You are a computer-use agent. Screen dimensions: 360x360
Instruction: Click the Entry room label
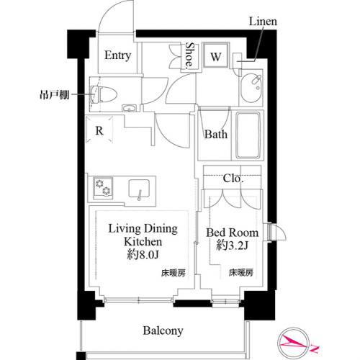pyautogui.click(x=117, y=55)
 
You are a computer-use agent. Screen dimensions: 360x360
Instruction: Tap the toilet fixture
pyautogui.click(x=104, y=94)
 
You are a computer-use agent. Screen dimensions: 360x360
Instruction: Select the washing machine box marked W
pyautogui.click(x=216, y=55)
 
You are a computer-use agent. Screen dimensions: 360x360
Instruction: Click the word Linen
pyautogui.click(x=263, y=22)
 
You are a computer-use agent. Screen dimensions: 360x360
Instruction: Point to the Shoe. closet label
pyautogui.click(x=189, y=55)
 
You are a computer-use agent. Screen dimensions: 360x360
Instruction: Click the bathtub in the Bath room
pyautogui.click(x=248, y=135)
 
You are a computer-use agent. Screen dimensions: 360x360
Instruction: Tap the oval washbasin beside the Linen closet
pyautogui.click(x=251, y=88)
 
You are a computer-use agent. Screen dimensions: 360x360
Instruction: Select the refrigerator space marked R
pyautogui.click(x=99, y=130)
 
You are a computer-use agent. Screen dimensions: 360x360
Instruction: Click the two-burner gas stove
pyautogui.click(x=103, y=188)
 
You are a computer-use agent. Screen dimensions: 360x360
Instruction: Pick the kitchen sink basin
pyautogui.click(x=139, y=189)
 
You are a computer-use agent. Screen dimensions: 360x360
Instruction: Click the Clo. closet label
pyautogui.click(x=233, y=179)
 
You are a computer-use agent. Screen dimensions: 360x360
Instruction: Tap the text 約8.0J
pyautogui.click(x=143, y=255)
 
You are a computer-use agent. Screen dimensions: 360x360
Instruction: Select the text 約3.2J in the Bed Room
pyautogui.click(x=232, y=246)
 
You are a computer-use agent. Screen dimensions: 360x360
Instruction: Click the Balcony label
pyautogui.click(x=163, y=331)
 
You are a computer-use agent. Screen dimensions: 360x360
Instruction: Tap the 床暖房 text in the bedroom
pyautogui.click(x=241, y=273)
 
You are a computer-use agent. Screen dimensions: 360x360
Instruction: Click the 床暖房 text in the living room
pyautogui.click(x=174, y=273)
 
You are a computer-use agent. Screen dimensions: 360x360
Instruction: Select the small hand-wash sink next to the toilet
pyautogui.click(x=129, y=109)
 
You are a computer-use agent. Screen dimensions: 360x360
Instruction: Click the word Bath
pyautogui.click(x=216, y=135)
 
